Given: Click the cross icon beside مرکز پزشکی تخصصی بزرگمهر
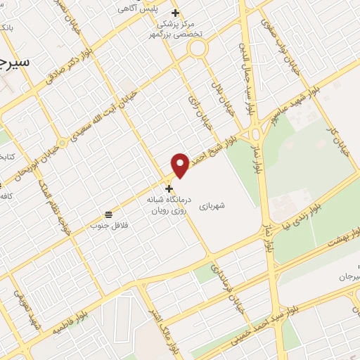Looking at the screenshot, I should [175, 13].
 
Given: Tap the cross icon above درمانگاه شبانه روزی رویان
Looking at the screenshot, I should [168, 189].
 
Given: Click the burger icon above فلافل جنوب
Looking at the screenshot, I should [108, 214].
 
